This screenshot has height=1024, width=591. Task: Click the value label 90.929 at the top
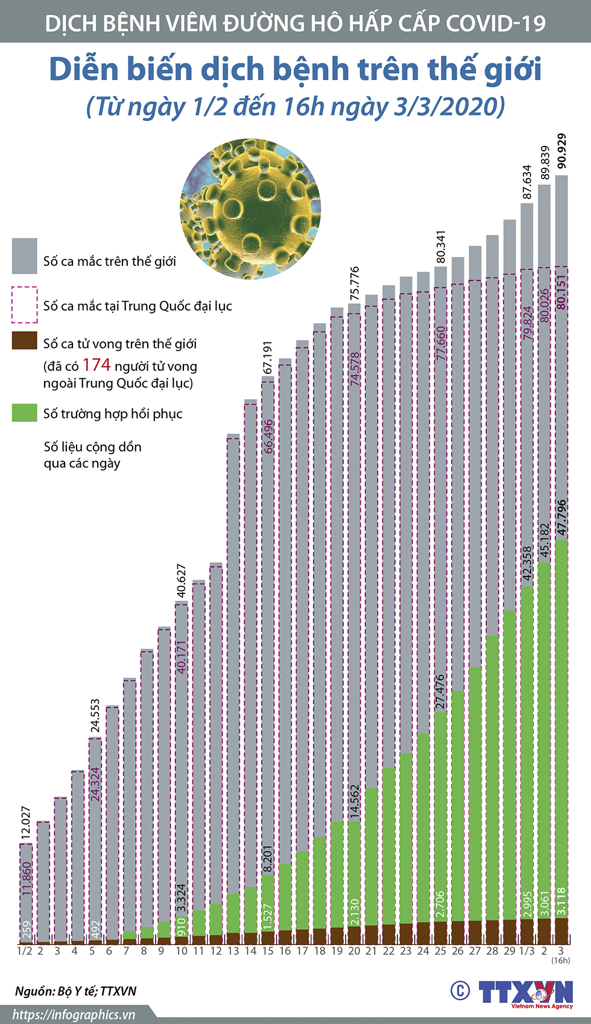(x=562, y=151)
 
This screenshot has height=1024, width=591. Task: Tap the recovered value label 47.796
(x=562, y=517)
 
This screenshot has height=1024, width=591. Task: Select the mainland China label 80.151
(x=562, y=292)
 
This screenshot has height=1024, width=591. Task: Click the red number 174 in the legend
(x=96, y=365)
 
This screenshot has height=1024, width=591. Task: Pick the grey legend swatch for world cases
(x=25, y=256)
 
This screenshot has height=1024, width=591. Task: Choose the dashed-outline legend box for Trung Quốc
(x=25, y=305)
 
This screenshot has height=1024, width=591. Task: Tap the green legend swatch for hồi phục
(x=25, y=412)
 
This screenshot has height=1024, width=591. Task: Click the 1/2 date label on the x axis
(x=24, y=951)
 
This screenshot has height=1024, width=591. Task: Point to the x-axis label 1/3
(x=527, y=951)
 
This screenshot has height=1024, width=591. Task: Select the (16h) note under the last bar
(x=561, y=960)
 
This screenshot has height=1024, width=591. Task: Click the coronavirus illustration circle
(x=250, y=209)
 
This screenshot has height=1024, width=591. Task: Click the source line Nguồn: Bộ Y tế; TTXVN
(x=76, y=991)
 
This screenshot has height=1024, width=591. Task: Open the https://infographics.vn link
(x=74, y=1014)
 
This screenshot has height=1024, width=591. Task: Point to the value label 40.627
(x=182, y=581)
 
